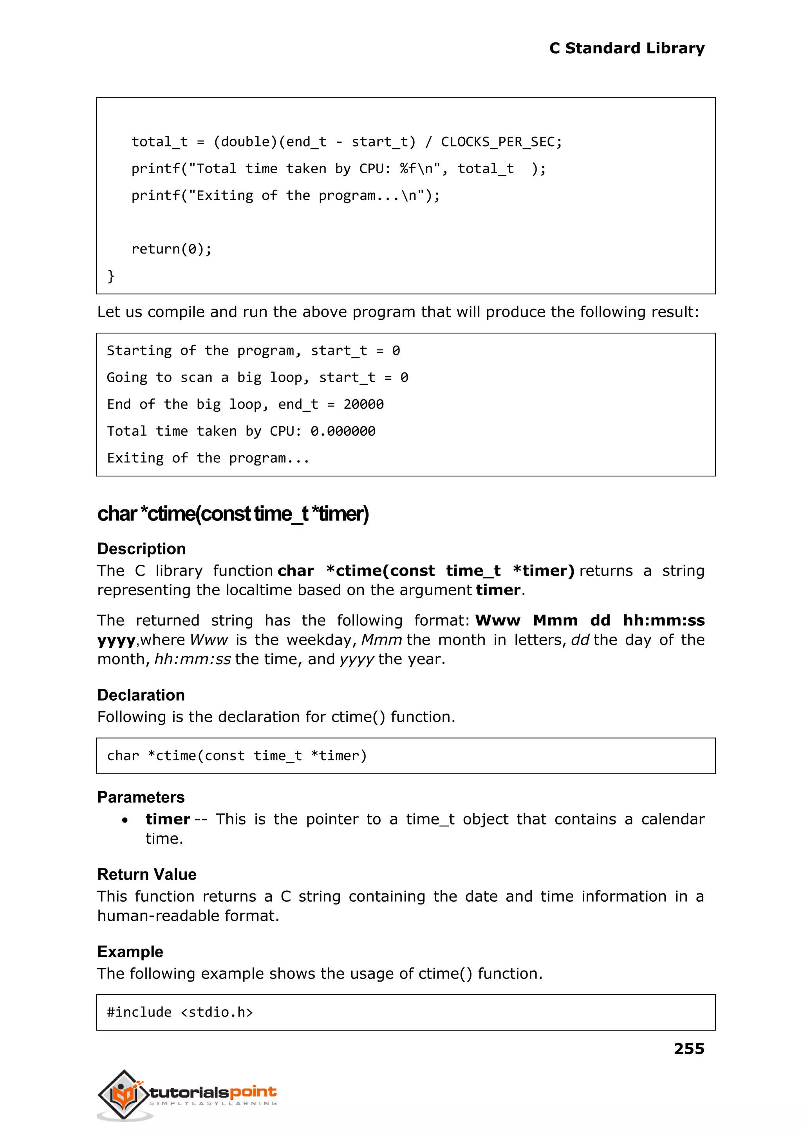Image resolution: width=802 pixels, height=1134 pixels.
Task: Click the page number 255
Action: click(x=688, y=1048)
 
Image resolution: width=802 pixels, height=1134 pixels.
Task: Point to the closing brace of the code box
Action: click(x=111, y=276)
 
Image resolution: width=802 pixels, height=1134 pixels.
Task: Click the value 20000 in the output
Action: click(x=363, y=404)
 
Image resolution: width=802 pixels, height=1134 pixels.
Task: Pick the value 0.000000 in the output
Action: click(x=343, y=431)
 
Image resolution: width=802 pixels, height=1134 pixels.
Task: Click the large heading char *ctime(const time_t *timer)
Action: click(x=233, y=513)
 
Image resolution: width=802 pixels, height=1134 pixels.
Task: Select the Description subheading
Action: click(x=141, y=549)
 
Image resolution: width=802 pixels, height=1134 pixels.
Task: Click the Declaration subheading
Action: click(x=141, y=695)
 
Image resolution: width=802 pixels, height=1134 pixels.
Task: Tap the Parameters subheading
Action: click(x=141, y=797)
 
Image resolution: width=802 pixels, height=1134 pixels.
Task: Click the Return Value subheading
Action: click(x=147, y=874)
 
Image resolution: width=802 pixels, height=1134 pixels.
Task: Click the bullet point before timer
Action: click(x=125, y=820)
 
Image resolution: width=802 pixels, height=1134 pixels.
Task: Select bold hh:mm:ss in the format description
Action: click(x=663, y=620)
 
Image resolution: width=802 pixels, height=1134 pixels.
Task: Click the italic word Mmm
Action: click(x=381, y=640)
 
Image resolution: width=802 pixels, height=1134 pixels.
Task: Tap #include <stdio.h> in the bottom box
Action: click(x=180, y=1012)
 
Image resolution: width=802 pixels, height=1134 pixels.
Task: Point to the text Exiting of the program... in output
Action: click(x=208, y=458)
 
